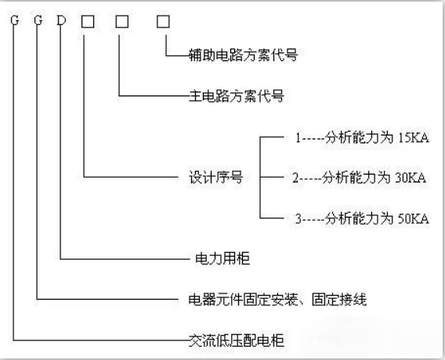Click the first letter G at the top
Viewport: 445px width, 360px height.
point(14,20)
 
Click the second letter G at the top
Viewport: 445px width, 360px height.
point(38,20)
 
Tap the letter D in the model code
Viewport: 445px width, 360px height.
point(61,20)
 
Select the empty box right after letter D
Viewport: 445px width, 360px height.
point(88,22)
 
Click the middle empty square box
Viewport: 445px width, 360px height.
point(122,22)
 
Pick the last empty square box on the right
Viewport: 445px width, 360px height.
point(163,22)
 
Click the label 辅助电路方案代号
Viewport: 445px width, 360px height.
point(243,55)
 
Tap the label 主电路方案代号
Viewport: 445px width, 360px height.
point(237,95)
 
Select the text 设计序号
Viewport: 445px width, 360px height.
point(216,178)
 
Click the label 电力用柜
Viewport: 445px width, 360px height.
point(222,259)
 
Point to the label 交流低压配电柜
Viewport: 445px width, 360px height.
point(237,340)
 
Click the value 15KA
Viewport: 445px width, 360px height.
point(414,138)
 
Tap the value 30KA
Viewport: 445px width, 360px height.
point(411,178)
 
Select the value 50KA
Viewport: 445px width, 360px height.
point(414,219)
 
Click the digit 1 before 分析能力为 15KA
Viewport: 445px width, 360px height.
point(298,138)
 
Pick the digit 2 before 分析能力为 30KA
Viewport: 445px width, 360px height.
point(295,178)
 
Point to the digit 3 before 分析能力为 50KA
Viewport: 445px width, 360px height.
point(298,219)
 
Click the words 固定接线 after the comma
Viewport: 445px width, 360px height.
point(339,300)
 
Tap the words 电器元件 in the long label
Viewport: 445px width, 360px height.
point(216,300)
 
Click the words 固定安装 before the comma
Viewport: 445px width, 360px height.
point(270,300)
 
